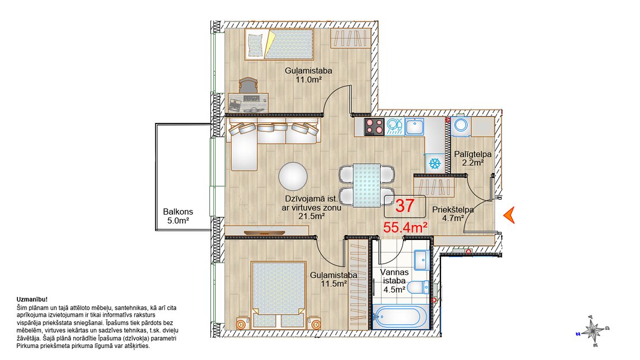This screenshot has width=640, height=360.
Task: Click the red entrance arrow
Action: coord(509,215)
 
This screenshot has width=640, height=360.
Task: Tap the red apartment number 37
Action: coord(405,205)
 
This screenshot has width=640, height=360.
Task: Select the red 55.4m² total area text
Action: coord(405,227)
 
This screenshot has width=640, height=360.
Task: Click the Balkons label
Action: coord(178,212)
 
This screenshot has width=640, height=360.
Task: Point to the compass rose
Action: coord(593,331)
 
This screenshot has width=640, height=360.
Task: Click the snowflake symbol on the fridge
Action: coord(435,164)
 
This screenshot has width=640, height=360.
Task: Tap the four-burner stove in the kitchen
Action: coord(374,127)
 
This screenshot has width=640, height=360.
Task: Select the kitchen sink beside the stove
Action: coord(415,127)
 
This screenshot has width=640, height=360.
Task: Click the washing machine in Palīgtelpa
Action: coord(461,126)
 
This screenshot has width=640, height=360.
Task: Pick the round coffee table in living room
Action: coord(293,177)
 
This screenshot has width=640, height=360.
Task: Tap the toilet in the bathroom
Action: coord(419,287)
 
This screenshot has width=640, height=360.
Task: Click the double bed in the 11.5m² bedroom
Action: coord(278,295)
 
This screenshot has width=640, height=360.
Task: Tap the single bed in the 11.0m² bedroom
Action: coord(280,44)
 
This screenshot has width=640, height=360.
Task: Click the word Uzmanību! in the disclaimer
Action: coord(32,299)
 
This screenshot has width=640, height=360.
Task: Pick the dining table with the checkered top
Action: coord(367,185)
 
